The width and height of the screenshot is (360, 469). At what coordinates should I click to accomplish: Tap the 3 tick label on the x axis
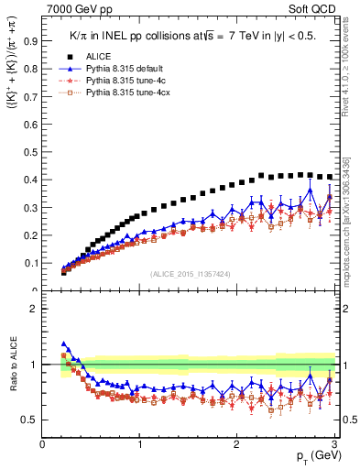point(333,445)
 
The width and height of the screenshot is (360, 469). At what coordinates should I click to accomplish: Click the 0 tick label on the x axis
point(43,445)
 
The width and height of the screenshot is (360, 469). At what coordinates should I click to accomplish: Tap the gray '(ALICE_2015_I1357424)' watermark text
point(191,274)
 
